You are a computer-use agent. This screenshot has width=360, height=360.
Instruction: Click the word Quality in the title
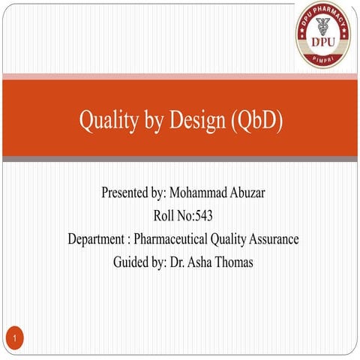pyautogui.click(x=104, y=121)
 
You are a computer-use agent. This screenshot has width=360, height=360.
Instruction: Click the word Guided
pyautogui.click(x=130, y=262)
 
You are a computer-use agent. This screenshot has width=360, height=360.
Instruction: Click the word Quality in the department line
pyautogui.click(x=229, y=239)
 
